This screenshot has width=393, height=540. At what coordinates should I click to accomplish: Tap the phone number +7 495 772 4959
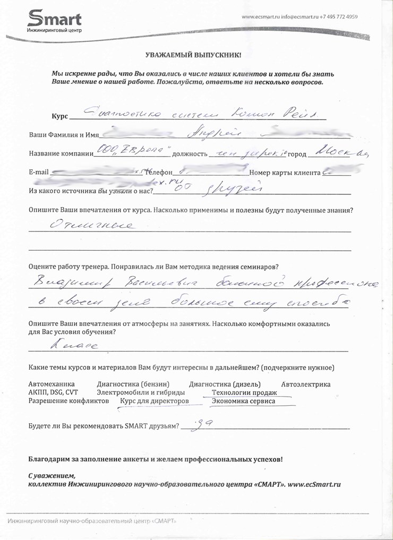(x=338, y=17)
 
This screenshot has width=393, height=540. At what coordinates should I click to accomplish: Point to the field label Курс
(x=59, y=116)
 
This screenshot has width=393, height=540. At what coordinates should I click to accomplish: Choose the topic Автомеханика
(x=51, y=384)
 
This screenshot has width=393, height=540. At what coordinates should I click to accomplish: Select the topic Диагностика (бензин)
(x=133, y=384)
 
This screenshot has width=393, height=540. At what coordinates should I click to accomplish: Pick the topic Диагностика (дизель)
(x=225, y=384)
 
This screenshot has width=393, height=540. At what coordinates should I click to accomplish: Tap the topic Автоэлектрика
(x=305, y=384)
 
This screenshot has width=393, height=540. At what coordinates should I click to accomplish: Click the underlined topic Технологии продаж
(x=244, y=392)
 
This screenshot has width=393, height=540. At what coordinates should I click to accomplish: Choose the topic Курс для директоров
(x=155, y=401)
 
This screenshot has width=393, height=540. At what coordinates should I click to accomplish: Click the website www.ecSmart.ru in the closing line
(x=314, y=484)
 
